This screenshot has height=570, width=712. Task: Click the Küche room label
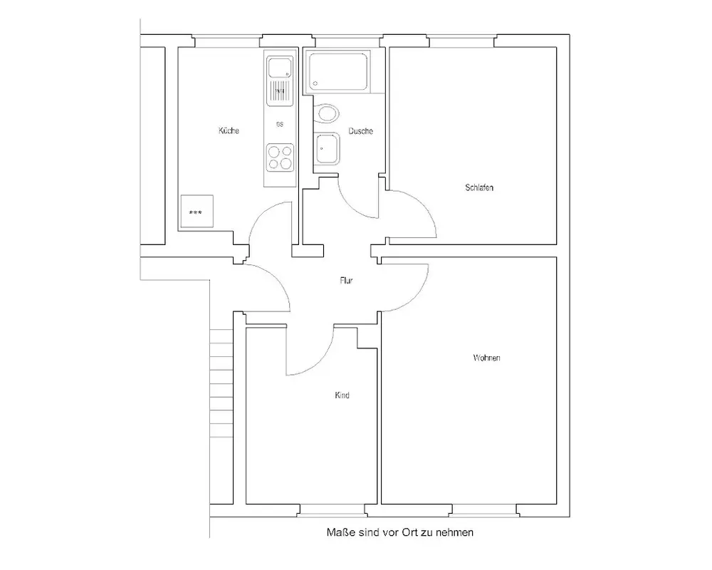click(x=229, y=131)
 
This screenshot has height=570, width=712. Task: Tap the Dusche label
click(x=361, y=131)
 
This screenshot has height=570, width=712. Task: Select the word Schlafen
click(x=479, y=188)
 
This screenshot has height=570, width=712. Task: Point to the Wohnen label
click(x=486, y=358)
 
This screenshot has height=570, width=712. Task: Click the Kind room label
click(x=342, y=395)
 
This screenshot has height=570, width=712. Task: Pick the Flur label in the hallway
click(x=346, y=281)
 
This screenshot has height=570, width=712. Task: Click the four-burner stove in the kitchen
click(x=280, y=157)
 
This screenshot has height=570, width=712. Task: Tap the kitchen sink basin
click(x=279, y=69)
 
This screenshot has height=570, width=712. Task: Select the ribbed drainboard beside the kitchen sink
click(x=280, y=90)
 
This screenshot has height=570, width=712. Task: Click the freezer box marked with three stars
click(x=197, y=212)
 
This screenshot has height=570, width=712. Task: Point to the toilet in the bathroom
click(x=328, y=113)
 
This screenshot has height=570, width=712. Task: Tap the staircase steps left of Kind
click(x=223, y=385)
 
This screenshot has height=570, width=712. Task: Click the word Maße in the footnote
click(x=338, y=532)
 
